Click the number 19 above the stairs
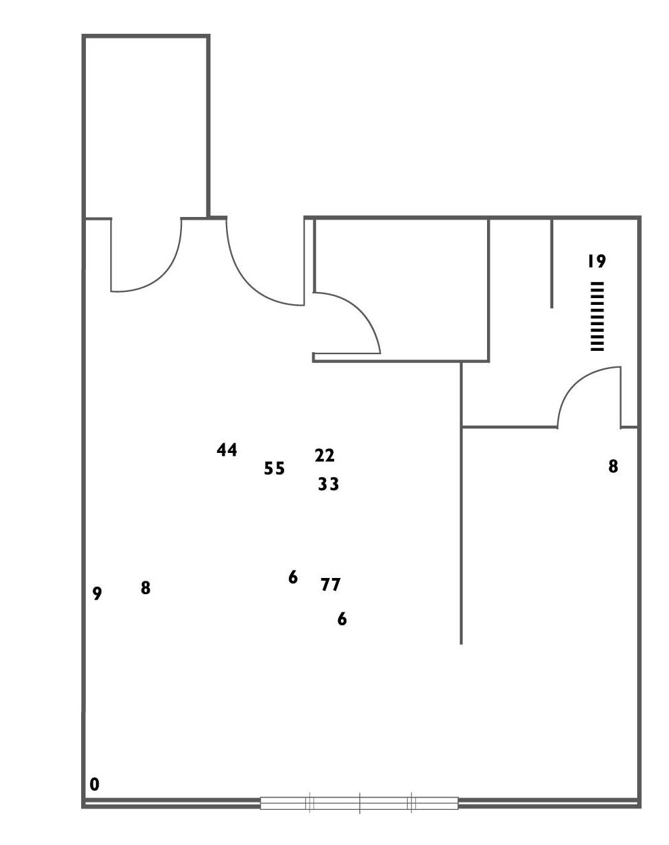tap(596, 261)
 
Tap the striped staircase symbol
tap(597, 316)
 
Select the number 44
tap(227, 450)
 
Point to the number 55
tap(274, 468)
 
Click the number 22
tap(325, 456)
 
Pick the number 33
tap(328, 485)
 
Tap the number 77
tap(331, 585)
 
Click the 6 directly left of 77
tap(293, 577)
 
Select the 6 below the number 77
tap(342, 619)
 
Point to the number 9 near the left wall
tap(97, 594)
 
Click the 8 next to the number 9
tap(145, 588)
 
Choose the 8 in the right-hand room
tap(613, 466)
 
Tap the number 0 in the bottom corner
tap(95, 784)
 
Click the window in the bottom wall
tap(359, 803)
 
